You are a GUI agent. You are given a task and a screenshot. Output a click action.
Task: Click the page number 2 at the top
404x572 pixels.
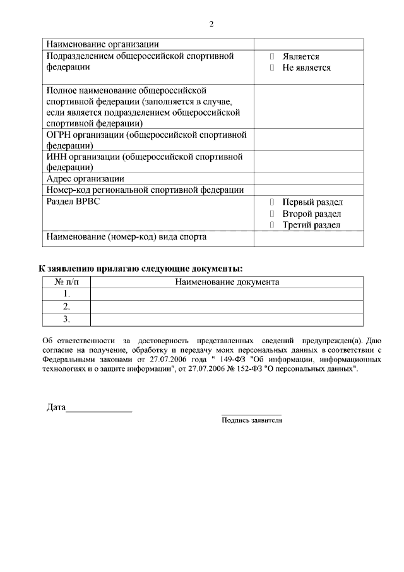(x=211, y=24)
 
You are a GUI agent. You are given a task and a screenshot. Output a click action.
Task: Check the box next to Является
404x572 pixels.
(x=271, y=56)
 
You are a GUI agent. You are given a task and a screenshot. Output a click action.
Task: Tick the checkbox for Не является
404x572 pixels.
(x=271, y=68)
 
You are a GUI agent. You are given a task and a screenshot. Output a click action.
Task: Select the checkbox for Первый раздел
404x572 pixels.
(x=271, y=202)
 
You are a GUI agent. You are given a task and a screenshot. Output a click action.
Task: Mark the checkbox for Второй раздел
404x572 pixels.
(x=271, y=214)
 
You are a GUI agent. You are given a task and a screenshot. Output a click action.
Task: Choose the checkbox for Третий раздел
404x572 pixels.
(x=271, y=225)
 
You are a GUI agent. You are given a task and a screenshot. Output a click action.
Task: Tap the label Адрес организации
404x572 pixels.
(x=85, y=179)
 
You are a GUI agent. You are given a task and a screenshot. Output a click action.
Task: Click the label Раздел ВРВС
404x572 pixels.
(x=73, y=202)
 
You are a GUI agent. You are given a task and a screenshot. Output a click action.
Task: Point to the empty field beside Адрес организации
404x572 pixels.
(x=308, y=179)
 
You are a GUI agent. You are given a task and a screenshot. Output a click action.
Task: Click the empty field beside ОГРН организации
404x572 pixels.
(x=308, y=140)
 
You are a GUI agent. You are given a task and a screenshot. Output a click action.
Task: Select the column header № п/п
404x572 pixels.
(x=66, y=282)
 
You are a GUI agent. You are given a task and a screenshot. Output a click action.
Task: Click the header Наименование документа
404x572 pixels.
(x=227, y=282)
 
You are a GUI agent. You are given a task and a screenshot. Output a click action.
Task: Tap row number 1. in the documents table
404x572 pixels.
(x=66, y=294)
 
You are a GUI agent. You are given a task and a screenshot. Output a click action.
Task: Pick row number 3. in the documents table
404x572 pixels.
(x=66, y=319)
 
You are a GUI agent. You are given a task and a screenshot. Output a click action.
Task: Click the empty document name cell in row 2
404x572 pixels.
(x=227, y=307)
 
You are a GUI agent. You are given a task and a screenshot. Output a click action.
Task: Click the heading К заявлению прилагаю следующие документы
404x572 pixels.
(x=141, y=269)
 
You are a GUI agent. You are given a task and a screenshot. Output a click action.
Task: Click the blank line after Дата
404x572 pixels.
(x=99, y=408)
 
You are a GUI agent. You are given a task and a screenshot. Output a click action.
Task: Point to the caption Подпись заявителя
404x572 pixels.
(x=251, y=420)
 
